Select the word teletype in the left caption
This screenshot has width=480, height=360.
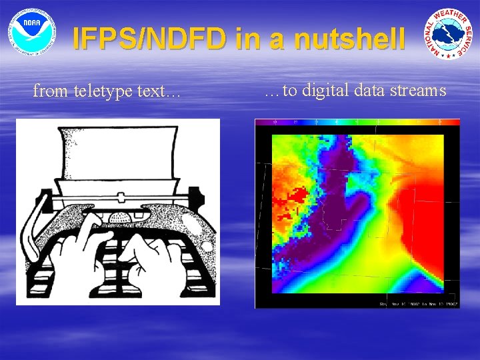(107, 91)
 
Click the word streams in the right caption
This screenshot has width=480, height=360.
(417, 90)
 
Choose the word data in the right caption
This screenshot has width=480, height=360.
(369, 90)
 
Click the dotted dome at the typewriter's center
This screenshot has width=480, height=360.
(119, 218)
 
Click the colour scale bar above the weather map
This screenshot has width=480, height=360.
(357, 123)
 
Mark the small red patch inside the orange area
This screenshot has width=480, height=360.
(297, 195)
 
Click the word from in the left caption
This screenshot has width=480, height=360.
(48, 91)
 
